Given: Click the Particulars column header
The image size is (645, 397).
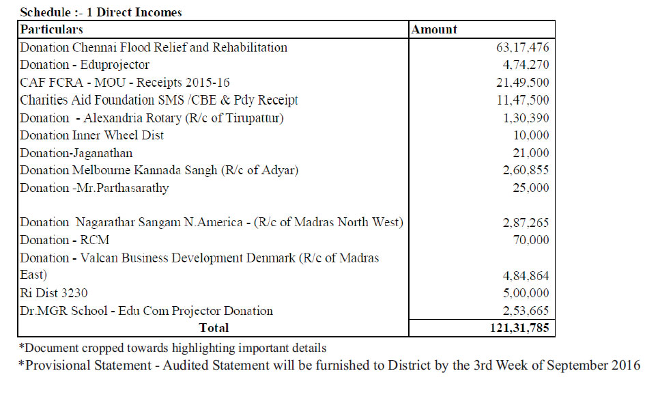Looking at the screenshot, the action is [x=51, y=29].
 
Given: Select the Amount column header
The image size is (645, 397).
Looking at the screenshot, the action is [x=434, y=29].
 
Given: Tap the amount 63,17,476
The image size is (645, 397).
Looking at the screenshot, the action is [x=522, y=47].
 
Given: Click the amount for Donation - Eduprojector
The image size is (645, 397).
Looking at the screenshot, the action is [x=526, y=65].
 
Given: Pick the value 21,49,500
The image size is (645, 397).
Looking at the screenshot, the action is [x=522, y=83].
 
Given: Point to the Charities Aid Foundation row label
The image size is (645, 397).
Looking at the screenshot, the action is [x=159, y=100].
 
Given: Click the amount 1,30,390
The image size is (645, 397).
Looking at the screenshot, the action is [x=526, y=118].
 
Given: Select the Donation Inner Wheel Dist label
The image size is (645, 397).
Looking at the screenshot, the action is [x=91, y=135].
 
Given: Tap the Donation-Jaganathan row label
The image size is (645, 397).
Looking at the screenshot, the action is [x=76, y=153].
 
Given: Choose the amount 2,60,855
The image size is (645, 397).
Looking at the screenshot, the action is [x=526, y=170].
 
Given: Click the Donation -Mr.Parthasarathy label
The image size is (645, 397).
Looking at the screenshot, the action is [x=94, y=188].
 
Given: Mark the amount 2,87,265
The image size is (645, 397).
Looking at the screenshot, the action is [x=526, y=222].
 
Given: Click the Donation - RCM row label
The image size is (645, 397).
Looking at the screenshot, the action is [x=65, y=240].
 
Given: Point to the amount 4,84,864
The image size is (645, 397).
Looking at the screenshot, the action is [x=526, y=275].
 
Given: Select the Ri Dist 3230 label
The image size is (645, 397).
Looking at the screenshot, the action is [x=53, y=293].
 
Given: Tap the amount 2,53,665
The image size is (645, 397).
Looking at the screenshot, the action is [x=526, y=310].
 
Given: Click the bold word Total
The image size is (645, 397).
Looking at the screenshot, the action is [x=214, y=328].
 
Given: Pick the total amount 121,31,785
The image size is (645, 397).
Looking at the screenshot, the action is [x=519, y=328].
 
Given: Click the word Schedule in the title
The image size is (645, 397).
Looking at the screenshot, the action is [x=45, y=12].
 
